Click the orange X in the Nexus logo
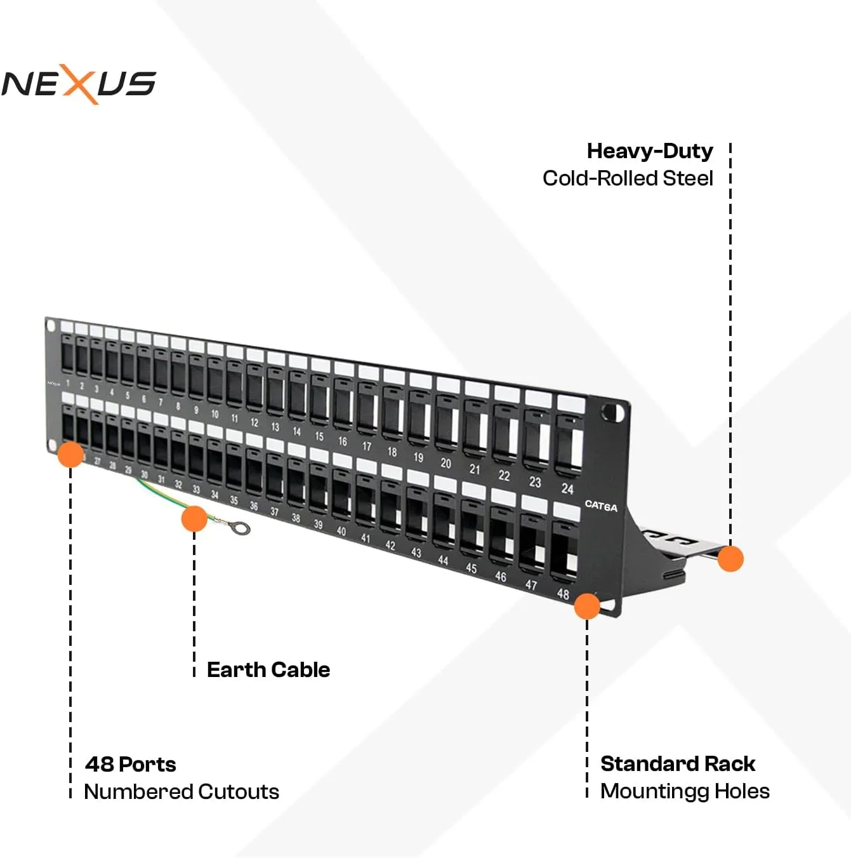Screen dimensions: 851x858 79,84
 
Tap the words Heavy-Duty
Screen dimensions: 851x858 650,151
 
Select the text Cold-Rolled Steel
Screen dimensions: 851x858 628,178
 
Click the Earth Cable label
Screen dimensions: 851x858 268,669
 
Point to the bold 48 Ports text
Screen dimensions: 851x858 130,765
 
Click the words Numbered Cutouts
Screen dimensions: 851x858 181,792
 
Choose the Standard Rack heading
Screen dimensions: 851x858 677,764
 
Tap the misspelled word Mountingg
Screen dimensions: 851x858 654,792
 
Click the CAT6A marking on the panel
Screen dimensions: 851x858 601,506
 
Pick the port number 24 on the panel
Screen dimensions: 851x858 567,489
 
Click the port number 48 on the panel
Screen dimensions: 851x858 563,594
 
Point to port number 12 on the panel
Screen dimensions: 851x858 254,422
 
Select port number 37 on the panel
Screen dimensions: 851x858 274,512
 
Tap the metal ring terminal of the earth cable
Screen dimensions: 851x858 241,528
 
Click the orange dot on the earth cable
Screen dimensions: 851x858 194,519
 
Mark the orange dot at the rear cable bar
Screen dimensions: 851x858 730,558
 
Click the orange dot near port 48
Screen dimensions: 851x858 587,606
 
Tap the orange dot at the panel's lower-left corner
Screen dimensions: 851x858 70,455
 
